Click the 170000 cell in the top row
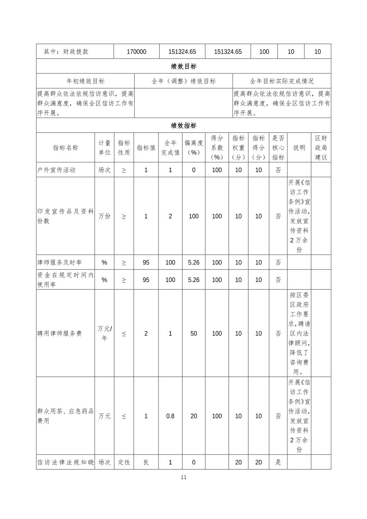coord(136,52)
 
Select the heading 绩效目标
coord(183,66)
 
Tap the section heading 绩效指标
coord(183,125)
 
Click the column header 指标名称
coord(65,148)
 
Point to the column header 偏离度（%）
coord(193,148)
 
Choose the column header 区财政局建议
coord(321,148)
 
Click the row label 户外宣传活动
coord(56,170)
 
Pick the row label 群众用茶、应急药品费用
coord(65,416)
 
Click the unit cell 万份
coord(104,216)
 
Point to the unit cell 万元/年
coord(104,333)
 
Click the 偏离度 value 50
coord(193,333)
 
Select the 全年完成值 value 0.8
coord(170,416)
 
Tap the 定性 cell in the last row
coord(124,462)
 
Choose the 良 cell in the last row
coord(146,462)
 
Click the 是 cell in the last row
coord(278,462)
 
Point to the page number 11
coord(183,477)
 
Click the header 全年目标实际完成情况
coord(282,81)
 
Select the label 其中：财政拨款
coord(66,52)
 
